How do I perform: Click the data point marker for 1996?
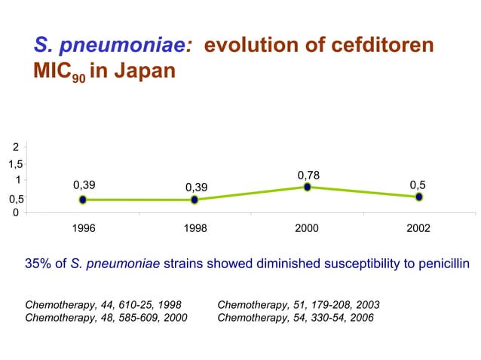click(82, 200)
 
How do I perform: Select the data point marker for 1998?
click(195, 200)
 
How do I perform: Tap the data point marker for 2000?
click(308, 187)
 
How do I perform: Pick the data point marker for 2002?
click(419, 197)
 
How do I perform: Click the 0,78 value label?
click(308, 175)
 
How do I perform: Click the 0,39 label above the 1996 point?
click(84, 185)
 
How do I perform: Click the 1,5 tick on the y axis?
click(15, 163)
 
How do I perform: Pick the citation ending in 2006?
click(295, 318)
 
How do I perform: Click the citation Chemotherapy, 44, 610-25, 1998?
click(103, 305)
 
